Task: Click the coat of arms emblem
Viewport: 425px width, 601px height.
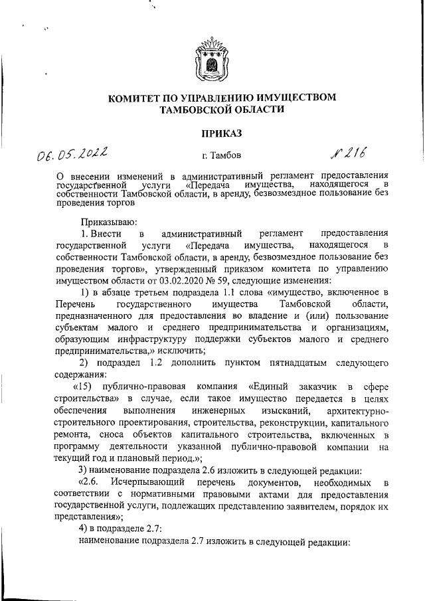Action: (x=212, y=58)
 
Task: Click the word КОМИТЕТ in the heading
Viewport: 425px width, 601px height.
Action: (x=135, y=98)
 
